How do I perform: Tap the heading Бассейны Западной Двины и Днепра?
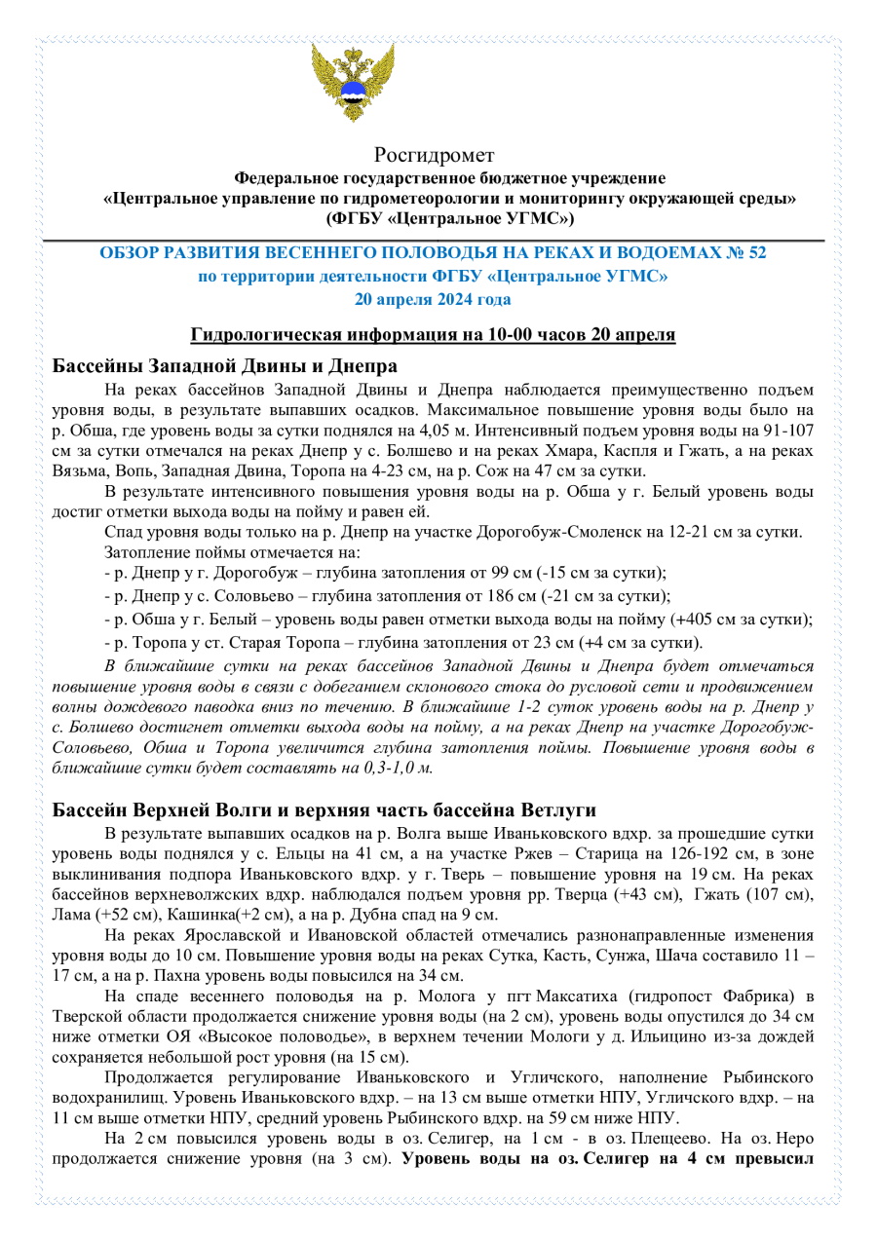click(x=224, y=367)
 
